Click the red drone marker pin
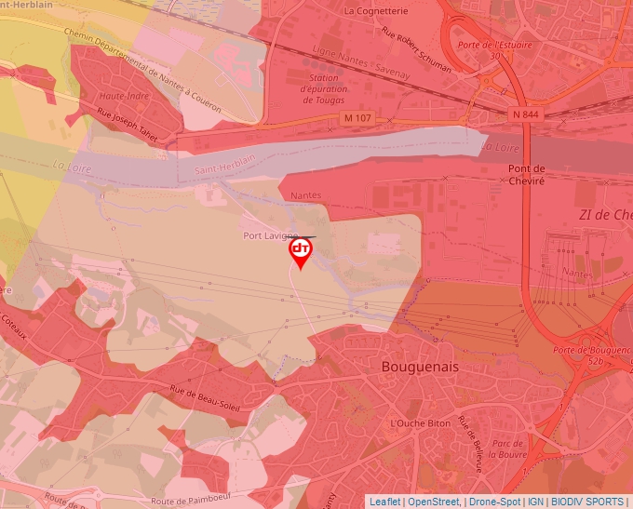(301, 252)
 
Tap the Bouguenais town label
(420, 368)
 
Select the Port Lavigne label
(270, 235)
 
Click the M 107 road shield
(356, 118)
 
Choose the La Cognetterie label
(376, 11)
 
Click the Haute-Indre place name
(125, 96)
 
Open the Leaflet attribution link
(384, 502)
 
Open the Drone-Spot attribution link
(493, 502)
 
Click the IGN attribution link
(535, 502)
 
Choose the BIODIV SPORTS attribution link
(586, 502)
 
